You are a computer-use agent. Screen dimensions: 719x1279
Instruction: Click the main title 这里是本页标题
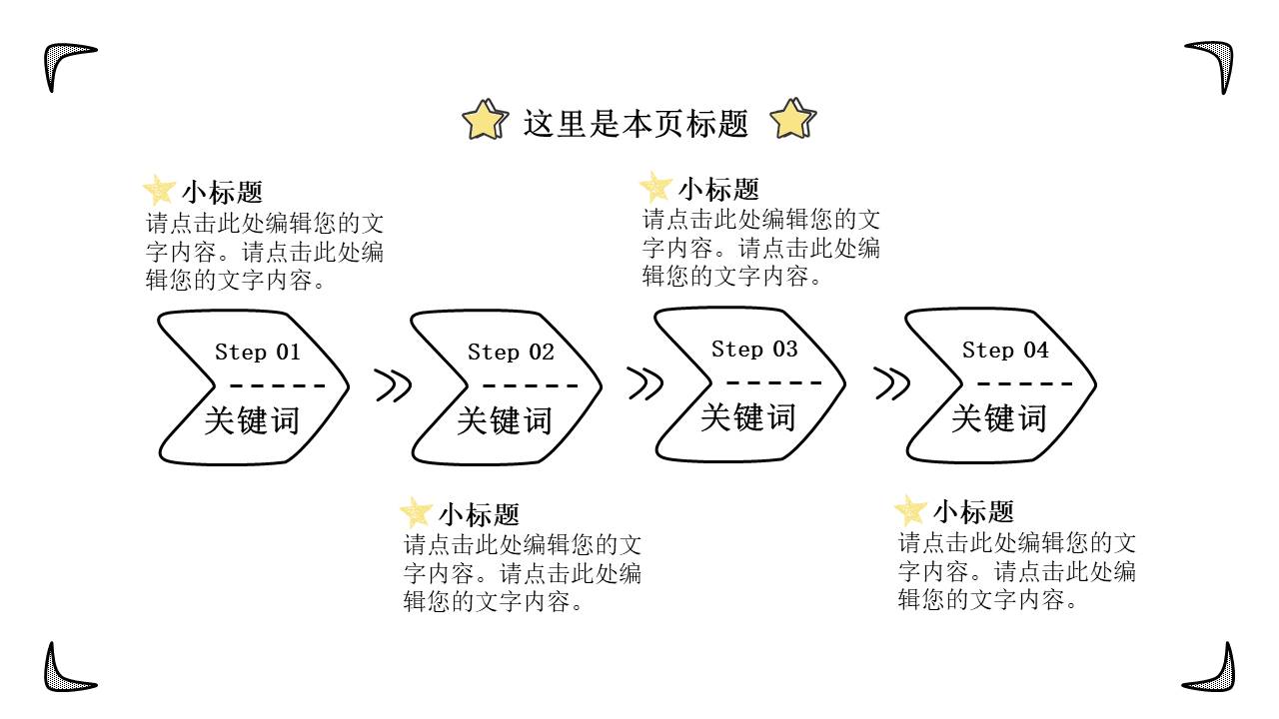click(x=636, y=124)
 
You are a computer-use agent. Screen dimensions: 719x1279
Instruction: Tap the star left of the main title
click(x=485, y=121)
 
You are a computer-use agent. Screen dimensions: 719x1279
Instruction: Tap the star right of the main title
click(x=793, y=121)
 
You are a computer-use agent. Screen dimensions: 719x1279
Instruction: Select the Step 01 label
click(x=257, y=352)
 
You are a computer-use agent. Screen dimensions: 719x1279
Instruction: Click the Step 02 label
click(x=510, y=352)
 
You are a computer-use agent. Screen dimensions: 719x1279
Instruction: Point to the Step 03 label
click(x=754, y=349)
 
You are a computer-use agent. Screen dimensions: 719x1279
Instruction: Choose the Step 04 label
click(x=1005, y=350)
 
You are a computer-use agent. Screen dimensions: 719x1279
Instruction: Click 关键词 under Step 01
click(x=252, y=420)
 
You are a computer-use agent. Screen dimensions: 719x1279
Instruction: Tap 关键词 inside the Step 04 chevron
click(x=998, y=417)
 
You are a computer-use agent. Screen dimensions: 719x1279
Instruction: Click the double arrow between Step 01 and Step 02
click(x=393, y=385)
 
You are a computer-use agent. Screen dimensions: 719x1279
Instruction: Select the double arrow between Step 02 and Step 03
click(x=644, y=383)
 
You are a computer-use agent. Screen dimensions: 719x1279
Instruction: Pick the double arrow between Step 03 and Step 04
click(x=891, y=383)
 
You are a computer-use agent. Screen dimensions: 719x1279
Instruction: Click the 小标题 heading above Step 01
click(x=222, y=192)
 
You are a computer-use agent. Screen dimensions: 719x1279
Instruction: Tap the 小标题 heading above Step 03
click(x=718, y=189)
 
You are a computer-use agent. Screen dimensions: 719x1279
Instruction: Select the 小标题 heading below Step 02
click(x=479, y=515)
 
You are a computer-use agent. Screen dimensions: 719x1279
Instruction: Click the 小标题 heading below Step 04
click(x=973, y=512)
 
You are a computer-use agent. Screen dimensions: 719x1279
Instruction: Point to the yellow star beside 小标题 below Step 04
click(x=910, y=511)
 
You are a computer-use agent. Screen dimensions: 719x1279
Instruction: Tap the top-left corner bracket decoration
click(x=63, y=61)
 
